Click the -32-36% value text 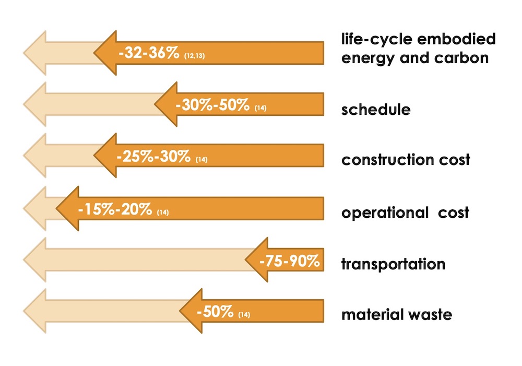point(149,53)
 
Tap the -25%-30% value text point(153,157)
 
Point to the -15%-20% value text point(115,210)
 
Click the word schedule point(376,110)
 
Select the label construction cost point(406,160)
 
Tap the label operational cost point(405,213)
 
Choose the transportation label point(393,264)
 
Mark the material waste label point(396,315)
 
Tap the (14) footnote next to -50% point(244,315)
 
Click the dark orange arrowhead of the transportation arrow point(258,261)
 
